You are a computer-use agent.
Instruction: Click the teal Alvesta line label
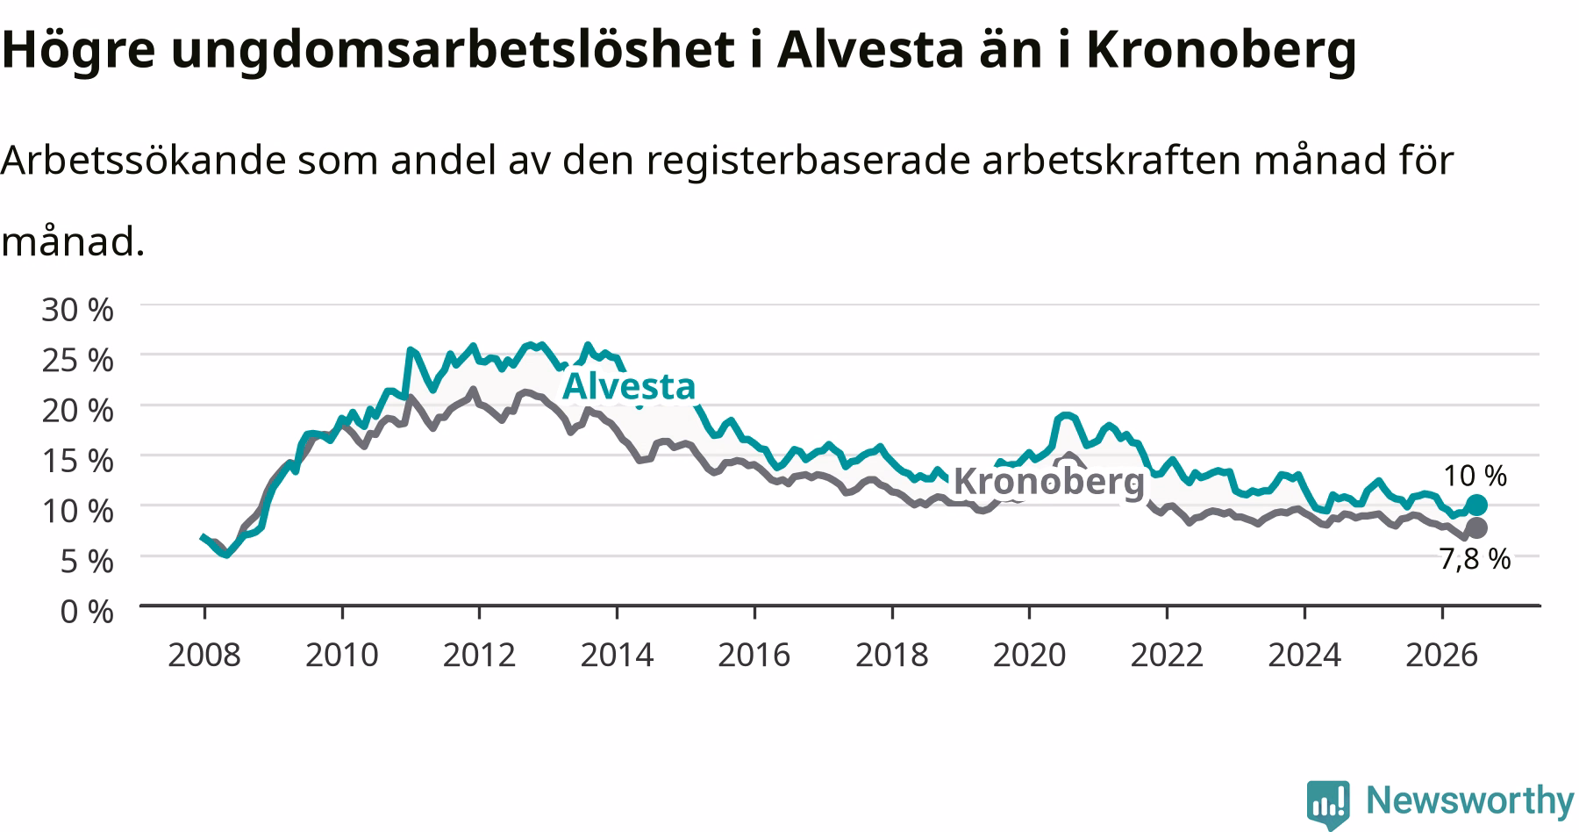(629, 386)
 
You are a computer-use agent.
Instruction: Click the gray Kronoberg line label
(1049, 482)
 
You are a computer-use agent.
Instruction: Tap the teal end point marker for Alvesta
(1476, 505)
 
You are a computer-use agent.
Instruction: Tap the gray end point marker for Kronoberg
(1476, 527)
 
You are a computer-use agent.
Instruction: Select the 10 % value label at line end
(1475, 476)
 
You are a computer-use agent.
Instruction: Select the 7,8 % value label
(1475, 559)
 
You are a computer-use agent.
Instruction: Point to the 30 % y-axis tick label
(77, 309)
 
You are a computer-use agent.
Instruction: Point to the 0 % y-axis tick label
(87, 611)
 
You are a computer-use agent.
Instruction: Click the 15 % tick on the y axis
(77, 460)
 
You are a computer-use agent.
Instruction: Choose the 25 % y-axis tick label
(77, 360)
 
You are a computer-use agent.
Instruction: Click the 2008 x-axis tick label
(204, 655)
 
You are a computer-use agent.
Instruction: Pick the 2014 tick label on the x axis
(617, 655)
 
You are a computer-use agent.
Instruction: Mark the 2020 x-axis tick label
(1029, 655)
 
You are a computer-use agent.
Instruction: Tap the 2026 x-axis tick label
(1442, 655)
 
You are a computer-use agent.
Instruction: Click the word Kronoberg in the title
(1222, 51)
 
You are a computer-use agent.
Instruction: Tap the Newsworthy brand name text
(1469, 800)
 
